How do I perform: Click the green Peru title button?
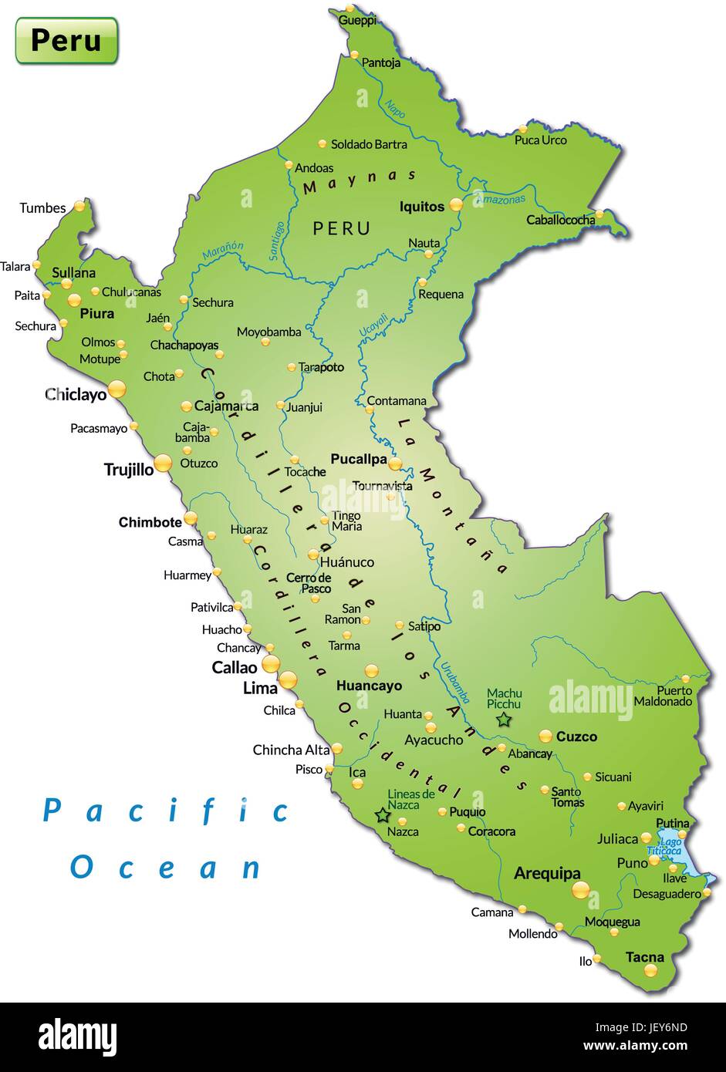pos(66,40)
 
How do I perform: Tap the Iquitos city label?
pos(421,207)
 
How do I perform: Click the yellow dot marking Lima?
pos(288,679)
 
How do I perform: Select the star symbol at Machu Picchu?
pos(504,720)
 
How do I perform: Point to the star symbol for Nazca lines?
pos(382,814)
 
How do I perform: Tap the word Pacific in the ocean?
pos(166,811)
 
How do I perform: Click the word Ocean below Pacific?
pos(166,867)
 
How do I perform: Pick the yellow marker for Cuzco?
pos(545,736)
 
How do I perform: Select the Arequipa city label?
pos(547,874)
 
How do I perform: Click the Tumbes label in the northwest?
pos(42,208)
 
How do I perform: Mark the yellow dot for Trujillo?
pos(163,463)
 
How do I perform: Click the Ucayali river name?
pos(373,325)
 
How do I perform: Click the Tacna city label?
pos(644,957)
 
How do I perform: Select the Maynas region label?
pos(360,182)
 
